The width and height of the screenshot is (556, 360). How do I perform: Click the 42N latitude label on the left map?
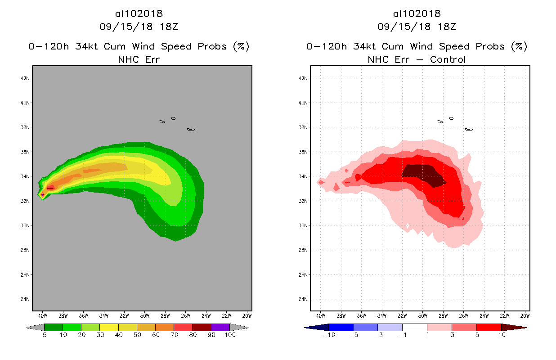click(25, 78)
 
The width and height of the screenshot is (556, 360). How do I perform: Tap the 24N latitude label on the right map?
click(303, 299)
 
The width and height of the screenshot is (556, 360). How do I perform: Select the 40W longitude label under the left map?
click(43, 315)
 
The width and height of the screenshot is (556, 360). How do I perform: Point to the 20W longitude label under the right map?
click(525, 315)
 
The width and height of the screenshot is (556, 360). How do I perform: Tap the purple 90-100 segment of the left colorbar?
click(220, 327)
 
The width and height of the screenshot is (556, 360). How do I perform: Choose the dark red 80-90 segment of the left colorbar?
click(202, 327)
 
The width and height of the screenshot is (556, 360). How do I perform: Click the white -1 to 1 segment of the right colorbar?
click(414, 327)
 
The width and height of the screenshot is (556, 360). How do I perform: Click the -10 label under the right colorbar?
click(328, 335)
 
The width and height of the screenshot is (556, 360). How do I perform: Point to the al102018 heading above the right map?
click(417, 13)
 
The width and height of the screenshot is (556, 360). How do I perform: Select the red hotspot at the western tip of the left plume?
click(43, 194)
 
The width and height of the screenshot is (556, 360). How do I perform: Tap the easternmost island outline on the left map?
click(191, 130)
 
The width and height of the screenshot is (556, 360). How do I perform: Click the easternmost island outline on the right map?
click(469, 130)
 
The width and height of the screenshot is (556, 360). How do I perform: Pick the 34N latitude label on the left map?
click(25, 176)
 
